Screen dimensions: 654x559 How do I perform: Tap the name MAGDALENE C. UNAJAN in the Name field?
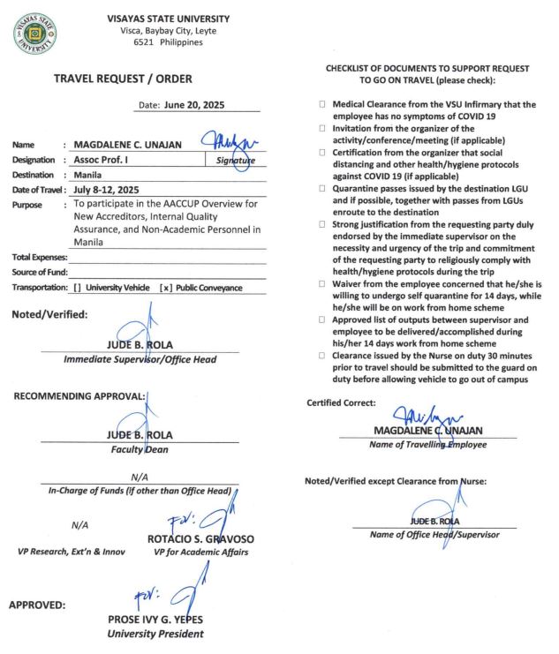point(131,145)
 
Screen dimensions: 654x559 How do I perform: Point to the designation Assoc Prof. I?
point(103,160)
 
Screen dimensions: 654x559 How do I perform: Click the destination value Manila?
point(87,175)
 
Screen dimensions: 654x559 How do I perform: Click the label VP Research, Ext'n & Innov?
point(71,552)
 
